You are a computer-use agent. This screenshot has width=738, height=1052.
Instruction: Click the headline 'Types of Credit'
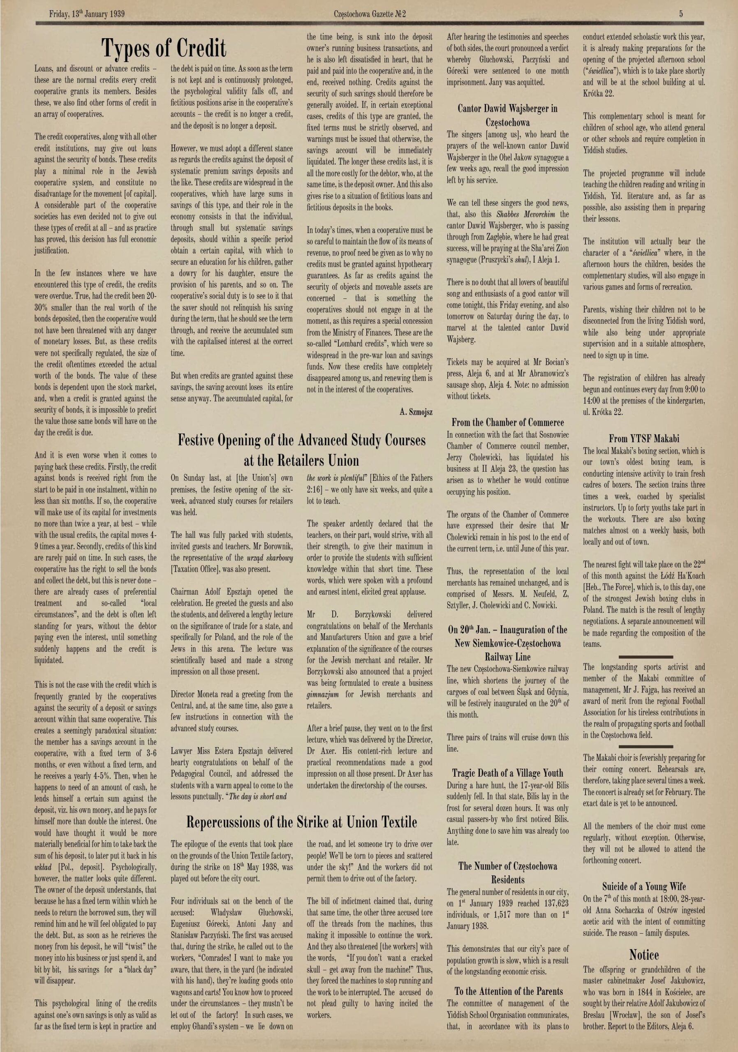click(x=164, y=48)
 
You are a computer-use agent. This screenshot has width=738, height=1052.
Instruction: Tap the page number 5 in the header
click(x=681, y=14)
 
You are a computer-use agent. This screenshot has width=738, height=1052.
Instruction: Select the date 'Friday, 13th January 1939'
click(x=87, y=14)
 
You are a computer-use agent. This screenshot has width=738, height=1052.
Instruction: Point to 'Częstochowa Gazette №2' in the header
click(x=370, y=14)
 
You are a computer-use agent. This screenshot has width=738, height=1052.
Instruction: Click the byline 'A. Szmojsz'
click(x=416, y=412)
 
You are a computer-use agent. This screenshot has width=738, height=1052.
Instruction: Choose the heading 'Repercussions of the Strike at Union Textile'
click(x=302, y=822)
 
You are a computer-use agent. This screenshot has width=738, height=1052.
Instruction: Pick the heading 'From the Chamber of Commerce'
click(x=507, y=422)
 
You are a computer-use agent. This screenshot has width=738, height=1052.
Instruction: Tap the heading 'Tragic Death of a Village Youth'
click(x=507, y=773)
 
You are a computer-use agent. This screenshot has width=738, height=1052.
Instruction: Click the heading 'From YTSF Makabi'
click(x=644, y=438)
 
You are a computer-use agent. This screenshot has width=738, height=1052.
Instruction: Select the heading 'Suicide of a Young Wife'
click(x=644, y=886)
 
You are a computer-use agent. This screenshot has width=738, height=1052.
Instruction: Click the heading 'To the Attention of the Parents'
click(x=508, y=992)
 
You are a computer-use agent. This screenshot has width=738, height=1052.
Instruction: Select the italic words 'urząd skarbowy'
click(x=270, y=558)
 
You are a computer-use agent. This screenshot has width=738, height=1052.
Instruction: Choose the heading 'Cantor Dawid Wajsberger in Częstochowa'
click(x=507, y=115)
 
